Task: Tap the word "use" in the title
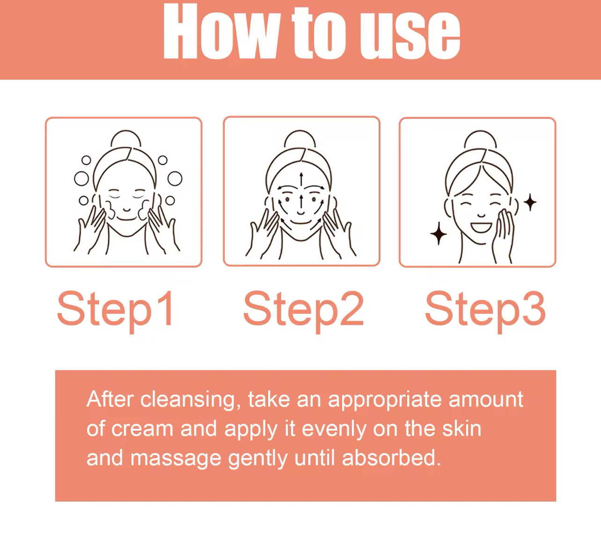tap(410, 36)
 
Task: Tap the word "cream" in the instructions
tap(142, 429)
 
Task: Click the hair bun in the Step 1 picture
tap(126, 139)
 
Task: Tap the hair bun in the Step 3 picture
tap(480, 139)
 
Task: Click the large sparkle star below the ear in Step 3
tap(439, 234)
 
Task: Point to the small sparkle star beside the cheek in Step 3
tap(530, 202)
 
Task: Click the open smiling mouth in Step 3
tap(481, 227)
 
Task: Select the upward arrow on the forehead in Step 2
tap(301, 179)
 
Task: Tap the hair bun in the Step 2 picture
tap(300, 139)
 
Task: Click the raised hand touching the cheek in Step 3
tap(503, 235)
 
